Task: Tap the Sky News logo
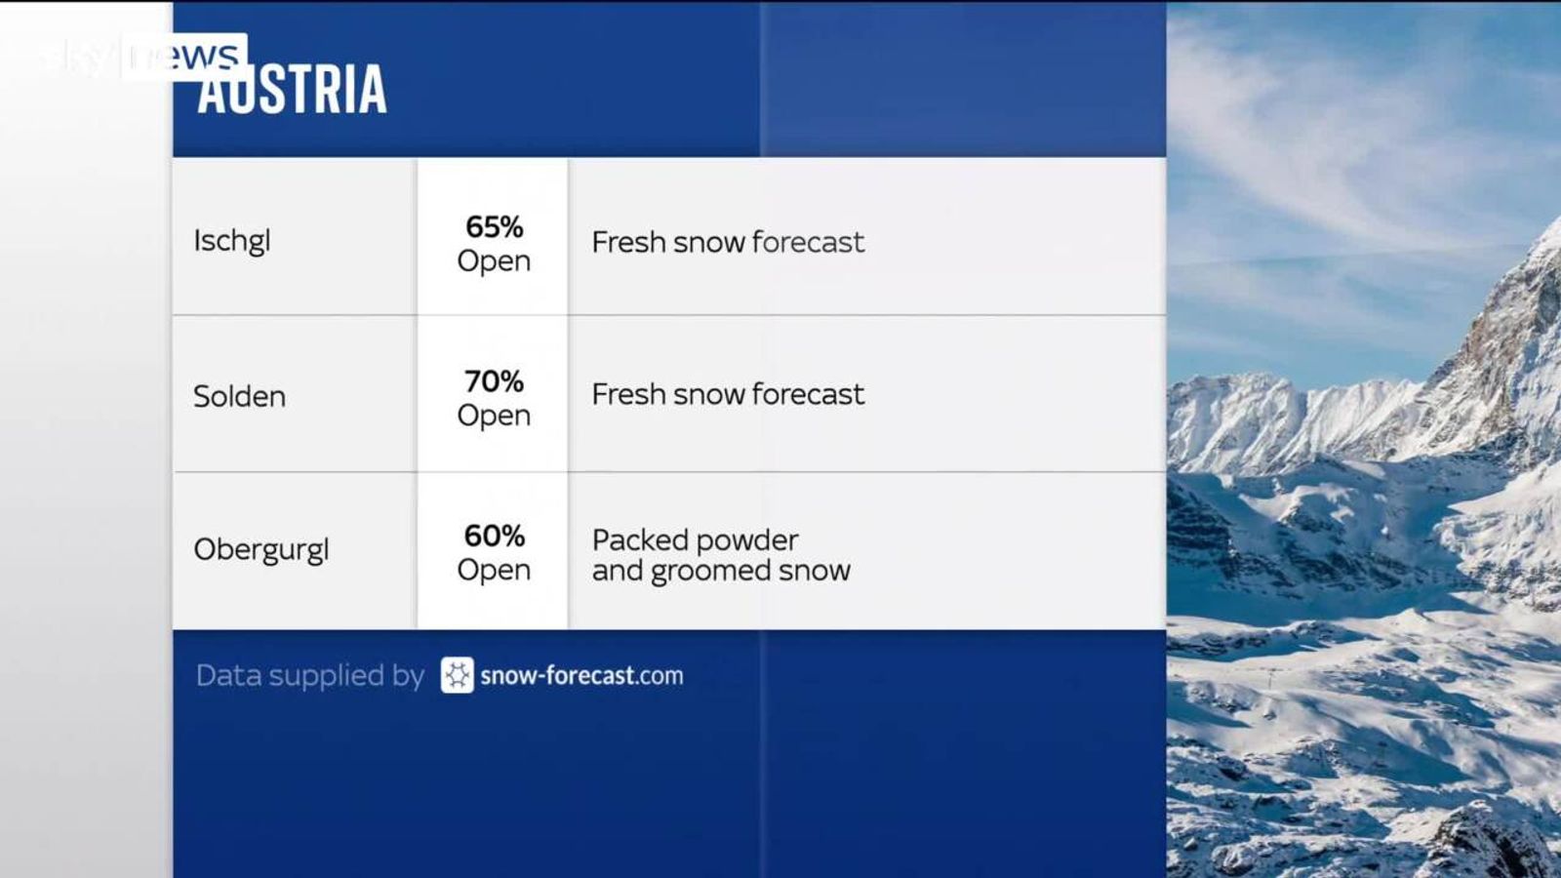(x=146, y=56)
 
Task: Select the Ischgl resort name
(x=231, y=240)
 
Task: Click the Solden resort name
(x=239, y=396)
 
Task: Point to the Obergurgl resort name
(x=261, y=550)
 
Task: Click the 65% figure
(x=494, y=226)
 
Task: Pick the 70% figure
(x=494, y=380)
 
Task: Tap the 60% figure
(x=494, y=536)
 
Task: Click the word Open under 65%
(x=494, y=261)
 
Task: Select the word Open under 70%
(x=494, y=416)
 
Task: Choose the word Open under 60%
(x=494, y=570)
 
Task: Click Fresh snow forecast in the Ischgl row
(x=728, y=242)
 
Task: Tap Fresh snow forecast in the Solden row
(x=728, y=394)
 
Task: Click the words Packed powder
(x=695, y=539)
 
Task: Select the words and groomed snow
(x=721, y=571)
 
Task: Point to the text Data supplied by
(x=309, y=675)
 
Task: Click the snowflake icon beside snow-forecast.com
(x=457, y=675)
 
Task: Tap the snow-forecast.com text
(x=581, y=675)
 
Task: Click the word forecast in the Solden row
(x=808, y=394)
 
